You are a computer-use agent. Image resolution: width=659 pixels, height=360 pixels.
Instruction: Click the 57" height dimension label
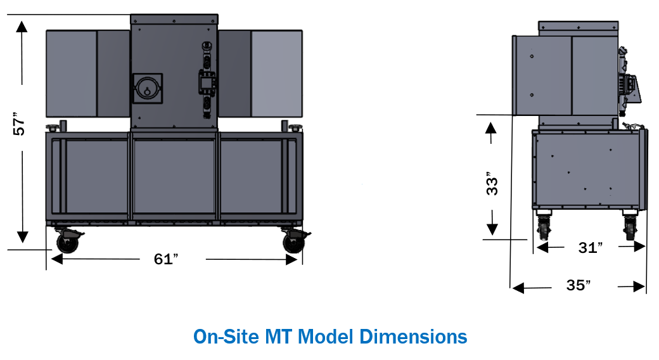coord(19,124)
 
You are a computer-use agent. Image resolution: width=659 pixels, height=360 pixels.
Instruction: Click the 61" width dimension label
coord(166,259)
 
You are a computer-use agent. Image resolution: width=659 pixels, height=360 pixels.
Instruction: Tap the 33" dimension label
coord(492,184)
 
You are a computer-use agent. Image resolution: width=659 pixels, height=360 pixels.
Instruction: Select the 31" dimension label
coord(591,248)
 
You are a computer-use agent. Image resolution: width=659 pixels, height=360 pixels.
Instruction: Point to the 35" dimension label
coord(579,285)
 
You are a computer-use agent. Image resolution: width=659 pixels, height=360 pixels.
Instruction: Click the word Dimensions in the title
coord(413,337)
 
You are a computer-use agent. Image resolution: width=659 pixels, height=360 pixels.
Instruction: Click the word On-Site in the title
coord(226,337)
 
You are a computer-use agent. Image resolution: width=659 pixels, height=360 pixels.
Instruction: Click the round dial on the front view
coord(147,89)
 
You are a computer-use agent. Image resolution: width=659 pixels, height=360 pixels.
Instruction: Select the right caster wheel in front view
coord(294,243)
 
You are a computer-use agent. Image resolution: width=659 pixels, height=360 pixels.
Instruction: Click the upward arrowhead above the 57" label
coord(22,27)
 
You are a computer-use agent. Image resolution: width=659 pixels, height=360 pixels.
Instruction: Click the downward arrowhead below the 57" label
coord(22,237)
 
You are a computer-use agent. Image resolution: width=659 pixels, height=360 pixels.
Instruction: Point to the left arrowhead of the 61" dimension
coord(57,259)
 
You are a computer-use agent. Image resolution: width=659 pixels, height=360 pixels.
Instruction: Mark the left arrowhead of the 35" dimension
coord(518,288)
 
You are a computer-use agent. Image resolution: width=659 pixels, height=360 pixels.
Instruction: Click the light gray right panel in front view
coord(276,74)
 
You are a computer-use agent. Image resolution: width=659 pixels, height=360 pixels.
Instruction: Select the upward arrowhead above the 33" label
coord(491,128)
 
